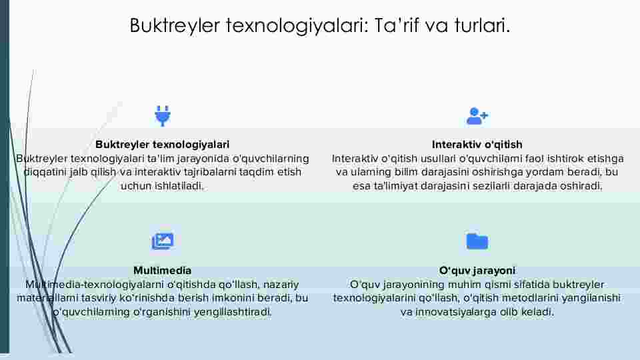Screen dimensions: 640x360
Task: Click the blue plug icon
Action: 163,115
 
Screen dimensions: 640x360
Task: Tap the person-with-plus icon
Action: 477,116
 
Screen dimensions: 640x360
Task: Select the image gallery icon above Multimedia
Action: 163,241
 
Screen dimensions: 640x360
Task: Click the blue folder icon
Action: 477,241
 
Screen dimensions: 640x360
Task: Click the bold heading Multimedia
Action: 163,271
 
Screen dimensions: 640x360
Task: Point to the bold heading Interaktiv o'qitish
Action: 477,145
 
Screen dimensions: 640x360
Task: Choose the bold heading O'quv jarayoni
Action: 477,271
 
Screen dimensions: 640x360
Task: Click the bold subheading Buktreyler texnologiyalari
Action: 163,145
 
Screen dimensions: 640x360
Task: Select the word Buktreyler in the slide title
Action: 175,25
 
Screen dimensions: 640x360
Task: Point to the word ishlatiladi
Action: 179,186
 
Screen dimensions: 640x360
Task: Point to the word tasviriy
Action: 99,299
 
